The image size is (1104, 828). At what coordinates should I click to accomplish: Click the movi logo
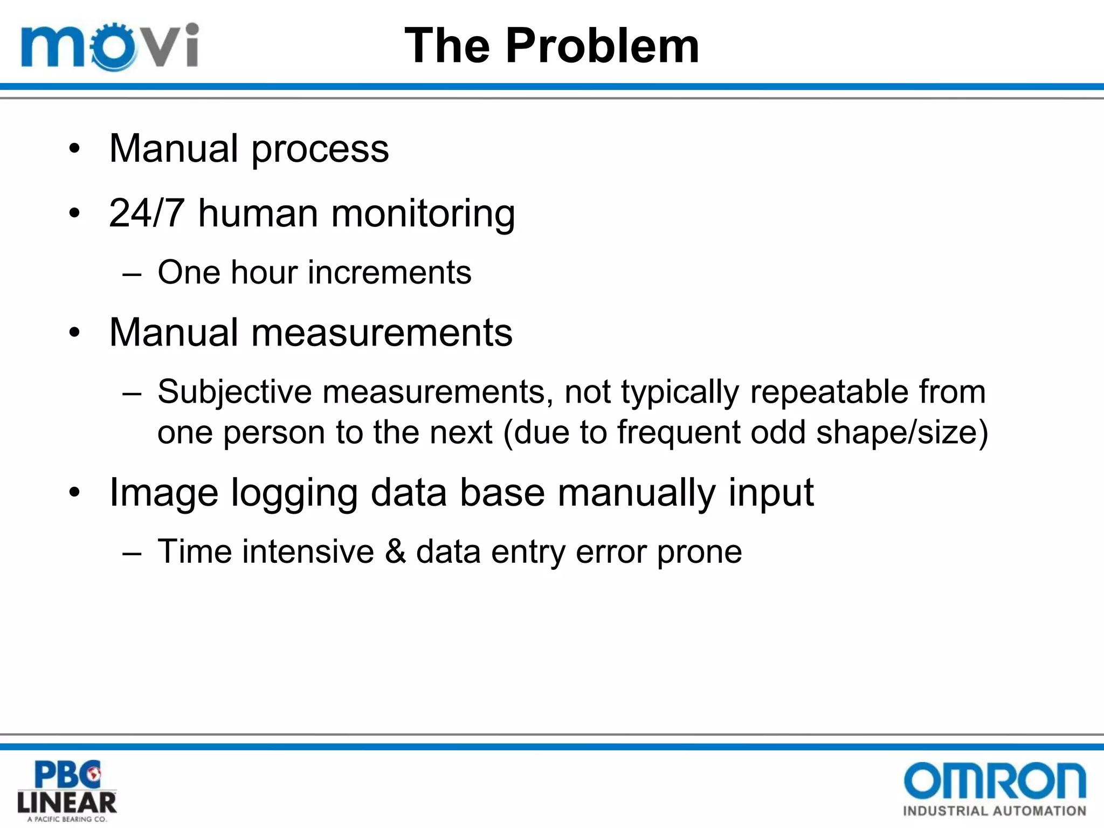pos(110,46)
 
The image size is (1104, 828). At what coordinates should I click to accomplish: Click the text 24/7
pos(147,213)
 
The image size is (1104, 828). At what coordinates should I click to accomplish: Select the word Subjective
pos(234,392)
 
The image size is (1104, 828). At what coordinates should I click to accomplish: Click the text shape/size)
pos(902,432)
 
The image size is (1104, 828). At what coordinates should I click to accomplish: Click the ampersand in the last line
pos(395,551)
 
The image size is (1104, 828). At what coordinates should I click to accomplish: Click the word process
pos(320,149)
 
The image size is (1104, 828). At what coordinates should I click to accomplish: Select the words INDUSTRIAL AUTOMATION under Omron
pos(995,811)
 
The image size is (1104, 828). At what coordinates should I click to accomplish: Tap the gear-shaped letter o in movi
pos(113,47)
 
